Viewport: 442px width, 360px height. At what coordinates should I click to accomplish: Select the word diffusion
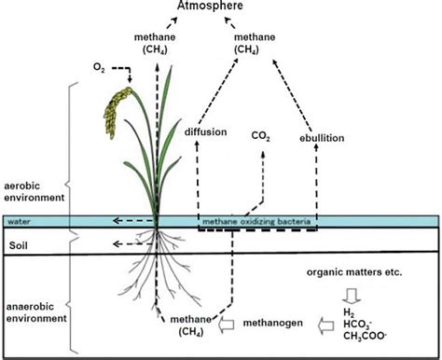pyautogui.click(x=206, y=132)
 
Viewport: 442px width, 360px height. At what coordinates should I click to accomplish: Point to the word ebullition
pyautogui.click(x=323, y=137)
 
